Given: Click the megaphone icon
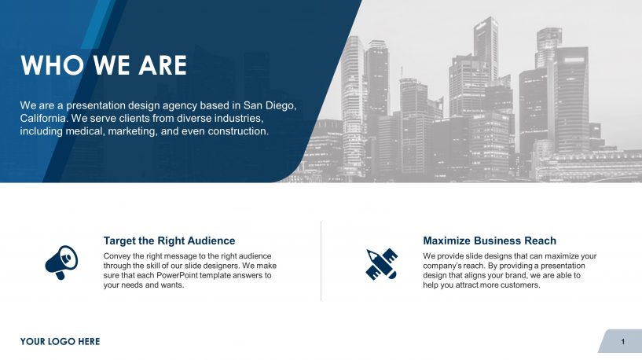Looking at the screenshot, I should [x=61, y=262].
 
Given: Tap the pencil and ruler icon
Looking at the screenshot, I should [x=382, y=264].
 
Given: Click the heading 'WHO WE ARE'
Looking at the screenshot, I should [x=104, y=65].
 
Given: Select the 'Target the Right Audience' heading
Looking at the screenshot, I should [x=169, y=241].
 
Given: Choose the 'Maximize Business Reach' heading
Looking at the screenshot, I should [x=489, y=241].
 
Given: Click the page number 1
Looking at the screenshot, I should [x=622, y=341].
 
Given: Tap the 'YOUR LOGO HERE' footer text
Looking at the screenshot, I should [x=61, y=341].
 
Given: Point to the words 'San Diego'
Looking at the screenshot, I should [x=270, y=105].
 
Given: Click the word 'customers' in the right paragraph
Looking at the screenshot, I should [x=518, y=285].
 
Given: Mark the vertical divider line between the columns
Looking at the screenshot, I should [x=321, y=261].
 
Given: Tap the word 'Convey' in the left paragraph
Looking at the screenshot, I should [x=118, y=256].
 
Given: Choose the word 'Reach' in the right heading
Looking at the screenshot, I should [x=539, y=241].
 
